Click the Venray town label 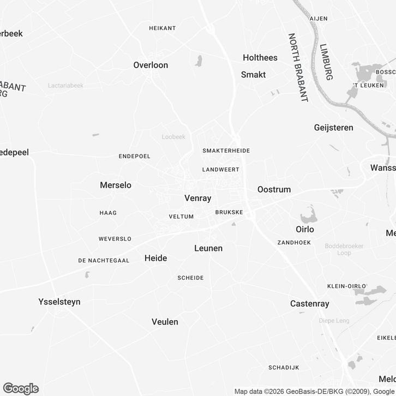click(x=197, y=199)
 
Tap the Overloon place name click(x=151, y=65)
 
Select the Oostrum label click(x=274, y=189)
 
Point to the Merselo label click(x=116, y=185)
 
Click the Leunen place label click(x=208, y=248)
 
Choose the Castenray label click(x=310, y=303)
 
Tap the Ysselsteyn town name click(x=59, y=302)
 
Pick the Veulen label click(x=165, y=322)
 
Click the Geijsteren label click(x=333, y=128)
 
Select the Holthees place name click(x=260, y=58)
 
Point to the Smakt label click(x=253, y=75)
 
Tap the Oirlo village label click(x=305, y=229)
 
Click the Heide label click(x=155, y=258)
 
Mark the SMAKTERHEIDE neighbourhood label click(x=225, y=150)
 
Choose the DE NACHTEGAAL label click(x=104, y=261)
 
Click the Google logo click(x=21, y=388)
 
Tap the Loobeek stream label click(x=173, y=137)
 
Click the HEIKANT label click(x=162, y=27)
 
